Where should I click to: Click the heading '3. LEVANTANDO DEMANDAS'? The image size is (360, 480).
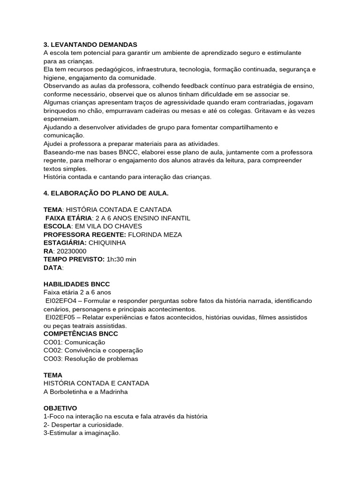(90, 45)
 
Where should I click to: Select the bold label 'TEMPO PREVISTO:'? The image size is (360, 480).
(75, 259)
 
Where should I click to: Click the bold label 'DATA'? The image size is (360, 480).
(52, 268)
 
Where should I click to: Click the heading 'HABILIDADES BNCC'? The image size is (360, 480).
(76, 284)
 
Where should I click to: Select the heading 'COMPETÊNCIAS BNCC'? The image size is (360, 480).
(81, 334)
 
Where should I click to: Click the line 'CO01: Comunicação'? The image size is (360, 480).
(74, 342)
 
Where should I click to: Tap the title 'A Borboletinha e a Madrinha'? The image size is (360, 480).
(85, 392)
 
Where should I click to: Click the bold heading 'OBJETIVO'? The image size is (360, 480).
(60, 408)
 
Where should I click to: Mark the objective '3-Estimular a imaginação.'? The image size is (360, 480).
(82, 433)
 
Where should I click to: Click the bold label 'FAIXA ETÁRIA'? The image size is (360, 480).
(68, 218)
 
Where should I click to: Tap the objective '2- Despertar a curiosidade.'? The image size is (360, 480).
(83, 425)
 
